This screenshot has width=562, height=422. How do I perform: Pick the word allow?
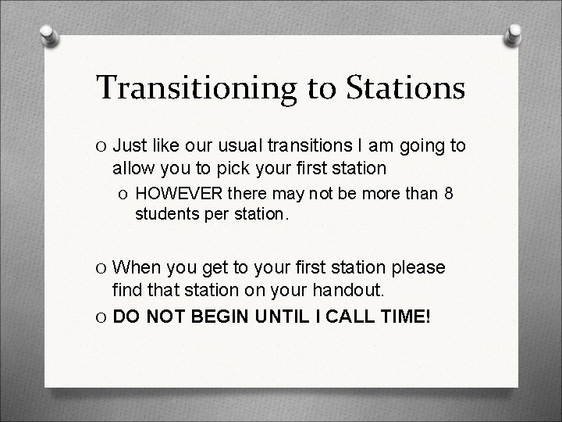[x=134, y=167]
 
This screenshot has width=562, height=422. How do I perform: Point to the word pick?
[x=238, y=167]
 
